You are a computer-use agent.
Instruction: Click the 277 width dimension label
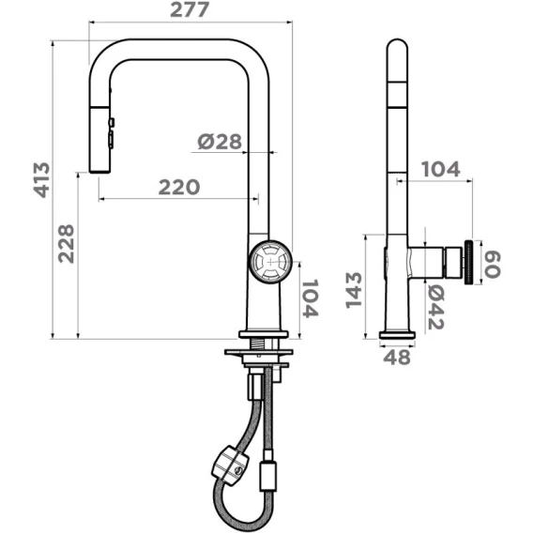tap(190, 10)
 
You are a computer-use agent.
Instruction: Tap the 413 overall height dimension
tap(42, 180)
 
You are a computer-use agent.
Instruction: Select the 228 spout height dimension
tap(66, 243)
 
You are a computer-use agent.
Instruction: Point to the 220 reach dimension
tap(179, 188)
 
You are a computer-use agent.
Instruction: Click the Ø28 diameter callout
tap(220, 142)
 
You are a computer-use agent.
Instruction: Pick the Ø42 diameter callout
tap(435, 307)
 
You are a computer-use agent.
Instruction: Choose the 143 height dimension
tap(354, 290)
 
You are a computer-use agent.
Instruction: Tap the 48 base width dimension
tap(397, 357)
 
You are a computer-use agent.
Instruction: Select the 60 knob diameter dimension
tap(493, 264)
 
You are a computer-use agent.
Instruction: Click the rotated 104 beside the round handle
tap(311, 298)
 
